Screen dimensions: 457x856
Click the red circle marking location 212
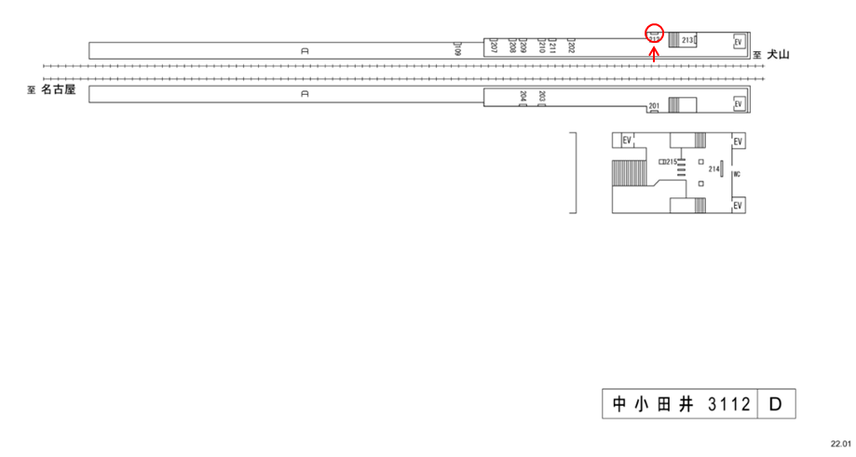tap(654, 34)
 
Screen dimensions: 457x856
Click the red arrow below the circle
tap(654, 53)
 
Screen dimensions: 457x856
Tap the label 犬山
tap(778, 56)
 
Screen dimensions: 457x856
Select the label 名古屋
tap(57, 90)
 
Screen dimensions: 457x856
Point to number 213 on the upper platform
tap(688, 41)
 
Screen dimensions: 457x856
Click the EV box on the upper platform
tap(738, 42)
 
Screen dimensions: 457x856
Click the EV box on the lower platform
tap(738, 105)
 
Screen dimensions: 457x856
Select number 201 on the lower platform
tap(654, 106)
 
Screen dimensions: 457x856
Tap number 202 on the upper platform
tap(571, 46)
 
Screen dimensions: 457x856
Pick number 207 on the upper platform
tap(494, 46)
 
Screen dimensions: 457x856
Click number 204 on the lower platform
tap(523, 96)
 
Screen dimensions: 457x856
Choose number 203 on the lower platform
tap(541, 96)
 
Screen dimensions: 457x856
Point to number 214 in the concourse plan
tap(713, 168)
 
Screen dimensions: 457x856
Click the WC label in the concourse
tap(736, 174)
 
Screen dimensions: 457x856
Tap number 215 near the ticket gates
tap(670, 162)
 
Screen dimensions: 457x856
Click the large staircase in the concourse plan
tap(625, 173)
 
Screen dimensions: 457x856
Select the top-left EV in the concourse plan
tap(627, 141)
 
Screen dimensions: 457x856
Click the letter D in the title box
tap(775, 406)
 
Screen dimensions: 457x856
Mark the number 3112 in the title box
tap(728, 406)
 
